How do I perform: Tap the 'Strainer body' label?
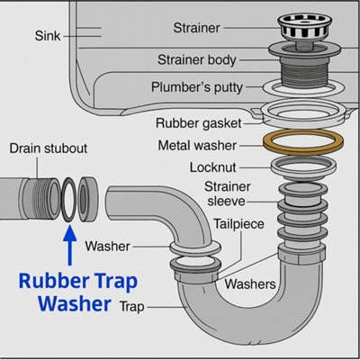(x=196, y=60)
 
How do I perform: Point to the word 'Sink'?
(x=47, y=36)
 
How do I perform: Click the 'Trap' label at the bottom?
(x=131, y=306)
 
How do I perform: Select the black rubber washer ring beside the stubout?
(x=68, y=200)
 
